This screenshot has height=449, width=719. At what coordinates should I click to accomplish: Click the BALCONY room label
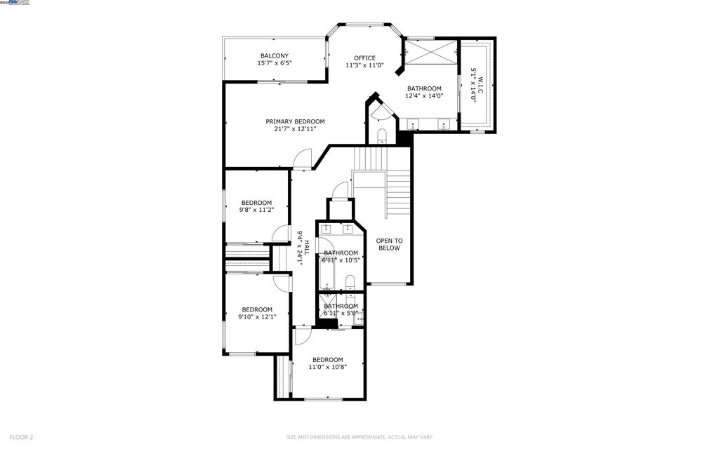[x=274, y=56]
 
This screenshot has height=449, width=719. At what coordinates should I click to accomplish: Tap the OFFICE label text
[x=364, y=58]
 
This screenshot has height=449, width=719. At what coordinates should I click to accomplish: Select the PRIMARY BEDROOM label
[x=295, y=121]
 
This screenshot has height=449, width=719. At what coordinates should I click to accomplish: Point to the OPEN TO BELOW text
[x=389, y=244]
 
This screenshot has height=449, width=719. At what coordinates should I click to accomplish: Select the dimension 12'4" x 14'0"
[x=424, y=96]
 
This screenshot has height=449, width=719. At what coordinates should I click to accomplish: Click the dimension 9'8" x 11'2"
[x=256, y=209]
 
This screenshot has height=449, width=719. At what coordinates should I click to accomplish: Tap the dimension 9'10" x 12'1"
[x=257, y=316]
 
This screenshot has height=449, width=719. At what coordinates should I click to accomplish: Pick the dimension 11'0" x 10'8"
[x=327, y=366]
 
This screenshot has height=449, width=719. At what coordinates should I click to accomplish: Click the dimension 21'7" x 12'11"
[x=295, y=129]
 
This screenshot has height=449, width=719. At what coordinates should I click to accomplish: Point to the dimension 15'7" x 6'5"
[x=274, y=63]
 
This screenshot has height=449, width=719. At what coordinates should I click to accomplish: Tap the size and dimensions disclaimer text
[x=359, y=437]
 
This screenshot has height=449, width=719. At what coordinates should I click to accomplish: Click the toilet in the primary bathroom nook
[x=382, y=135]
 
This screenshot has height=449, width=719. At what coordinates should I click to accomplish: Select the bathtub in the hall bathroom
[x=328, y=273]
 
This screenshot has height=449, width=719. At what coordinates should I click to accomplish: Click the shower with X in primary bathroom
[x=430, y=52]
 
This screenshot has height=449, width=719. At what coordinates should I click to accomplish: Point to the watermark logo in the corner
[x=15, y=4]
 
